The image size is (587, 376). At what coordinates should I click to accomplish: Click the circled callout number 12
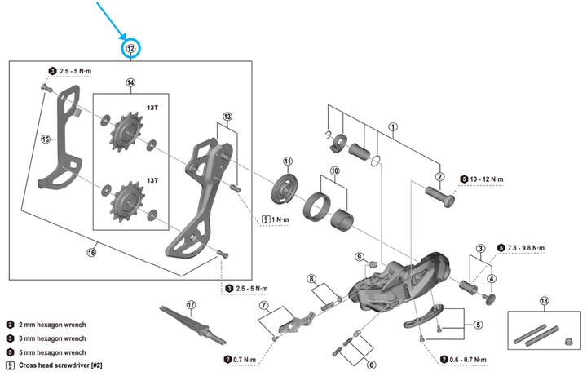click(131, 50)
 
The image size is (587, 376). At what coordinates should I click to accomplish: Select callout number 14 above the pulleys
click(130, 83)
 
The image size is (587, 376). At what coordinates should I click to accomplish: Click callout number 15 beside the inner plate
click(46, 139)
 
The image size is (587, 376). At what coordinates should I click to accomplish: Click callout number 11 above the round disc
click(287, 161)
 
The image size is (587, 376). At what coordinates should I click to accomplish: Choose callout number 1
click(392, 126)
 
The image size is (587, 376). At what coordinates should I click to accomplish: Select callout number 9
click(358, 258)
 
